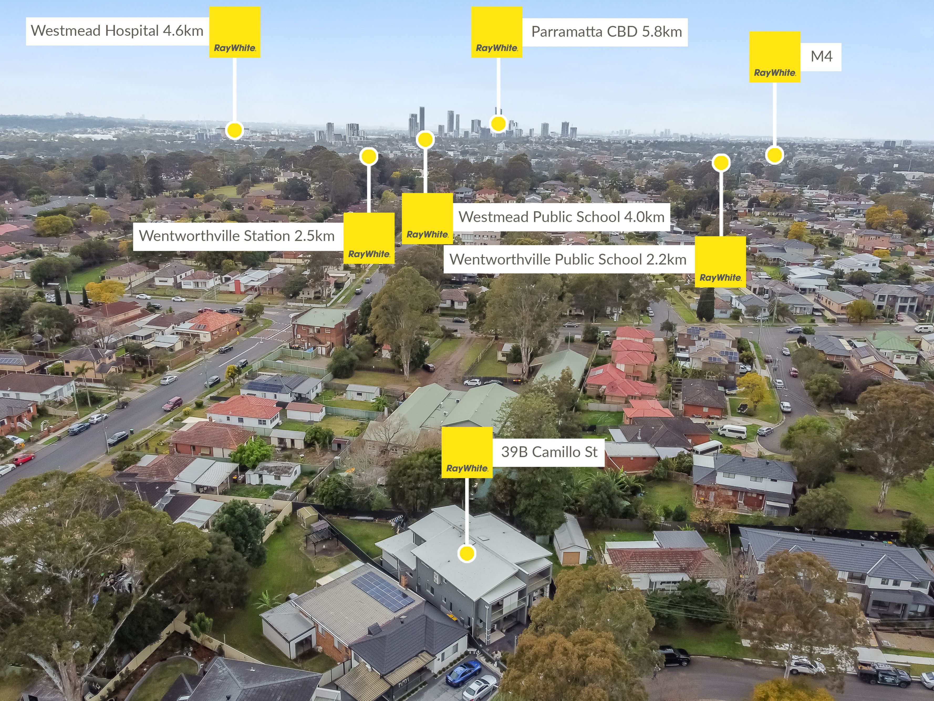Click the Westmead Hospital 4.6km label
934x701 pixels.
(x=117, y=31)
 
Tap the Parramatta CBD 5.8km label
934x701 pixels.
(x=606, y=32)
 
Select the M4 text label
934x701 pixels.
(x=821, y=56)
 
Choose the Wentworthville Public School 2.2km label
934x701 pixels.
(x=568, y=259)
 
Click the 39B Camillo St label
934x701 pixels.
(x=549, y=452)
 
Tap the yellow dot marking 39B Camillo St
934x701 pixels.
(x=466, y=554)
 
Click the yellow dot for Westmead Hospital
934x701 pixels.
(x=234, y=130)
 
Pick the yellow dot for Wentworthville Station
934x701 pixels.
(x=369, y=156)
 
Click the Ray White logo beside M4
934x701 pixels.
(x=774, y=57)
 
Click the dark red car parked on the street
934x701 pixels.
(x=172, y=403)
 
